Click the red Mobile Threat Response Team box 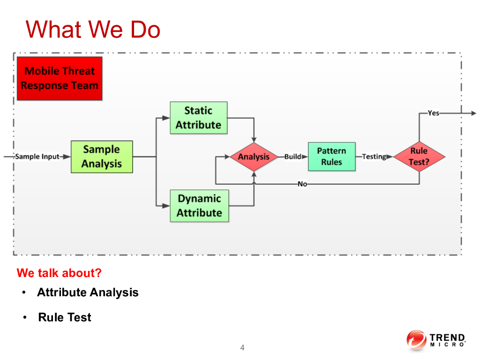point(60,78)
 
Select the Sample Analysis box point(102,157)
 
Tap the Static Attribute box point(198,118)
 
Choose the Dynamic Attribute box point(199,206)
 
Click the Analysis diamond point(254,157)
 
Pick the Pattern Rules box point(331,157)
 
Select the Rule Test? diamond point(419,157)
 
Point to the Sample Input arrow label point(37,157)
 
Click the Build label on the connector point(293,157)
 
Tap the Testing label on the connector point(374,157)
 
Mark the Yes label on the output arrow point(434,113)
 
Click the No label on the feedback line point(302,184)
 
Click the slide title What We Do point(93,30)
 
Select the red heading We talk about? point(59,273)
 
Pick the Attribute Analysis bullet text point(88,292)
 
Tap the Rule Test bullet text point(65,317)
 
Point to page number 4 point(242,347)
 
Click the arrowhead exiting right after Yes point(473,113)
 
